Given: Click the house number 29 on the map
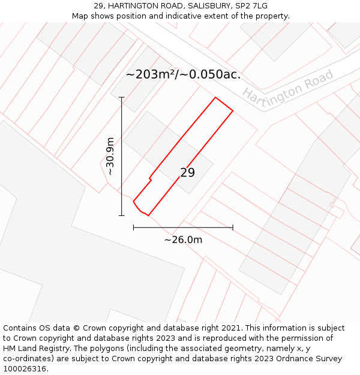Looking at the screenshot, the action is (187, 173).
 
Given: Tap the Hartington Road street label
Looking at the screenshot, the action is (288, 87).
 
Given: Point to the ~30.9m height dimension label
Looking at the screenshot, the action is (110, 156).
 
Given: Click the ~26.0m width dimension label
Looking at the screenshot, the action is (183, 240).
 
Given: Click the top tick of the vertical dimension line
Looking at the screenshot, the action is (122, 97).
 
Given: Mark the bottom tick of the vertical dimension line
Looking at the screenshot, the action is (122, 215).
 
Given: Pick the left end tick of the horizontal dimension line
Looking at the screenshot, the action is (133, 227).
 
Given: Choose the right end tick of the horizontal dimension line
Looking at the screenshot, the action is (233, 227).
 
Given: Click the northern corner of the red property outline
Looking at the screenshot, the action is (215, 98).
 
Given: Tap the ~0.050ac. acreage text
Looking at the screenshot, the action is (211, 75).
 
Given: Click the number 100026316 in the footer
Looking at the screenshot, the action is (25, 369).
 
